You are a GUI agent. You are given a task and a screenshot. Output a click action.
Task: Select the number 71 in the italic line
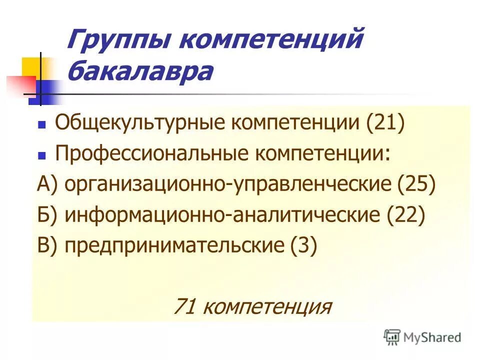(184, 305)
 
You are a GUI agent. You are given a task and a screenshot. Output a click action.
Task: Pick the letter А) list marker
(48, 184)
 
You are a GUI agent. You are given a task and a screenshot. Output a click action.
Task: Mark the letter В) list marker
(48, 246)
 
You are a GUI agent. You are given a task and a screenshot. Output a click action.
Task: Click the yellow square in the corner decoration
(31, 67)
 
